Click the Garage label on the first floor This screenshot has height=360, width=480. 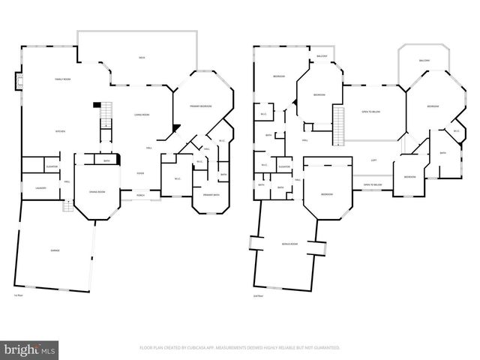(x=55, y=250)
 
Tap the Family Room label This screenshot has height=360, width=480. (x=62, y=79)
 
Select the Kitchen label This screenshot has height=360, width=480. (x=60, y=131)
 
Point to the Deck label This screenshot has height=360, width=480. (x=142, y=58)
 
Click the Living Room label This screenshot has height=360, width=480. (x=141, y=115)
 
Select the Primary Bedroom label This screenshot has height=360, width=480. (x=200, y=106)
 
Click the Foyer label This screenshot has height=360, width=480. (x=140, y=173)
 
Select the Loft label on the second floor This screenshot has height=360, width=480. (x=373, y=160)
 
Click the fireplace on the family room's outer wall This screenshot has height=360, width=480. (x=19, y=81)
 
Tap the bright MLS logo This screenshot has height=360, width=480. (x=30, y=349)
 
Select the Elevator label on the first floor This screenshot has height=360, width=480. (x=52, y=166)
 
